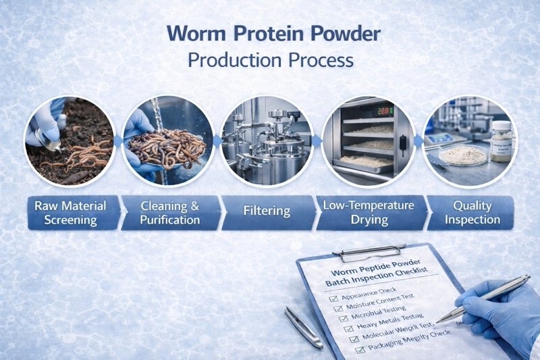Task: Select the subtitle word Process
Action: pyautogui.click(x=321, y=59)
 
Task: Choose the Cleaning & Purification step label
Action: pyautogui.click(x=169, y=212)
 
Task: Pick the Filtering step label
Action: pyautogui.click(x=267, y=212)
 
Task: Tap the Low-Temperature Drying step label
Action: pyautogui.click(x=364, y=212)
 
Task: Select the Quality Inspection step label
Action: pyautogui.click(x=472, y=212)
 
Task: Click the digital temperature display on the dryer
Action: pyautogui.click(x=385, y=110)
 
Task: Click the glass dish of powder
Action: pyautogui.click(x=462, y=155)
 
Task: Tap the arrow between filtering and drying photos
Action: pyautogui.click(x=316, y=141)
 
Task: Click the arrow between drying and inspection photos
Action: pyautogui.click(x=418, y=141)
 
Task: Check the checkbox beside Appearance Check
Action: pyautogui.click(x=331, y=297)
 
